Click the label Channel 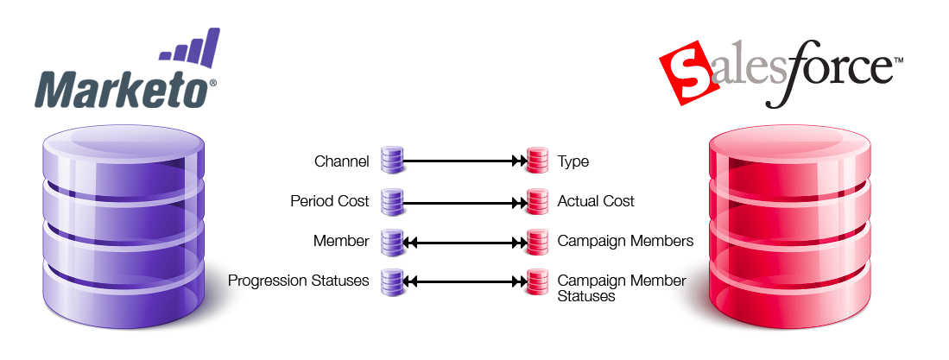point(342,161)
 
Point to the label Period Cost point(330,201)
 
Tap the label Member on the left point(341,242)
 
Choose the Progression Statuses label point(299,281)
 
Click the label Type point(573,161)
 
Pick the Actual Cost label point(596,201)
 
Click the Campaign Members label point(625,242)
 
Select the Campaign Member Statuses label point(622,288)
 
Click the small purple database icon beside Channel point(392,161)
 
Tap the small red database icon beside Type point(537,161)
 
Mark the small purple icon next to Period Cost point(392,201)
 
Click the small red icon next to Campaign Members point(537,242)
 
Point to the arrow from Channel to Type point(465,161)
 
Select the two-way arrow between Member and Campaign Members point(465,242)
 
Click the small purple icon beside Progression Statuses point(392,281)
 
